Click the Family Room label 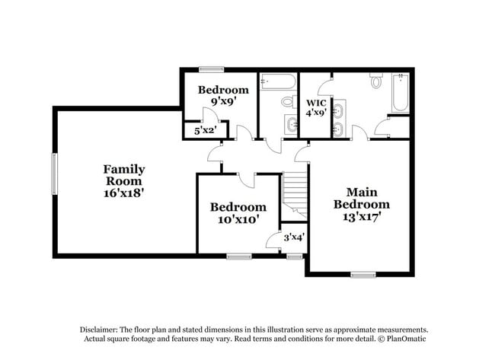pyautogui.click(x=124, y=175)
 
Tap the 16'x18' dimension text pyautogui.click(x=124, y=193)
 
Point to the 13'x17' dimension pyautogui.click(x=362, y=216)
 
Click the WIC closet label pyautogui.click(x=316, y=102)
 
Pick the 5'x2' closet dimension pyautogui.click(x=206, y=130)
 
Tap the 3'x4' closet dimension pyautogui.click(x=293, y=237)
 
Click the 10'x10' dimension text pyautogui.click(x=238, y=219)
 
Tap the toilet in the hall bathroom pyautogui.click(x=287, y=100)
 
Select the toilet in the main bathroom pyautogui.click(x=376, y=81)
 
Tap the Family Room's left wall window pyautogui.click(x=54, y=174)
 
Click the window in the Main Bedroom pyautogui.click(x=362, y=273)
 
